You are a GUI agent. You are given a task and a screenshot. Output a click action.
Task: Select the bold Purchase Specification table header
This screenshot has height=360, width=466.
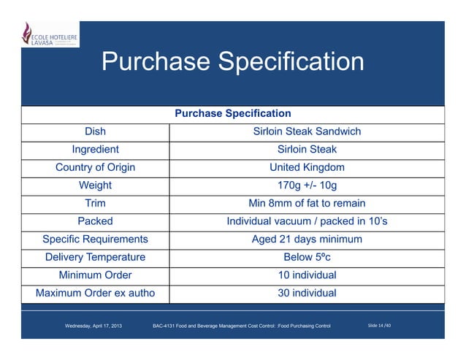point(233,114)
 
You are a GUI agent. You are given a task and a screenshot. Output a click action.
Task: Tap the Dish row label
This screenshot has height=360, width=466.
point(95,132)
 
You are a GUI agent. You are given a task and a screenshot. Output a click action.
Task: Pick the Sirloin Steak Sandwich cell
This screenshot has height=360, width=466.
point(307,132)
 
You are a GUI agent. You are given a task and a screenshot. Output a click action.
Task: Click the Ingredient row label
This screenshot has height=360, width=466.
point(95,150)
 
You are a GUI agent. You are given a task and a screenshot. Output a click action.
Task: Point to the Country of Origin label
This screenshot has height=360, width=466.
point(95,168)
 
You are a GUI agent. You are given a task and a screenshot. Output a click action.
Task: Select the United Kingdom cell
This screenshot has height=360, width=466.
point(307,168)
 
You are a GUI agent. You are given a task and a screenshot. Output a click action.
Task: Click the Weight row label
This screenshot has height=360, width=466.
point(95,185)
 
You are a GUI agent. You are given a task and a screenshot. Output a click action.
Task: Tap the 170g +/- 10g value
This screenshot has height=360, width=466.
point(307,185)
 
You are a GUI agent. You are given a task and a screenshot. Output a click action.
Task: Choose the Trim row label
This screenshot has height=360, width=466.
point(95,204)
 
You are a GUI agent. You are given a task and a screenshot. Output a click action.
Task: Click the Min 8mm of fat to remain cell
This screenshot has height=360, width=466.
point(307,204)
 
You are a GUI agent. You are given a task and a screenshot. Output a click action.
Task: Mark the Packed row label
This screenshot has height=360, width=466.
point(95,221)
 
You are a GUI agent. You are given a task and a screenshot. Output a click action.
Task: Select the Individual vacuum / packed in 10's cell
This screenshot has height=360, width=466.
point(307,221)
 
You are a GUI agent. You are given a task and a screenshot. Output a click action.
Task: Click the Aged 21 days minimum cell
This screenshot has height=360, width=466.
point(307,240)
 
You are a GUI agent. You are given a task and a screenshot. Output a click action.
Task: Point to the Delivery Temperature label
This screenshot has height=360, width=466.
point(95,257)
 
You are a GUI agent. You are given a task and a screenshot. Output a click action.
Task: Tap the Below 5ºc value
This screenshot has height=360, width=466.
point(307,257)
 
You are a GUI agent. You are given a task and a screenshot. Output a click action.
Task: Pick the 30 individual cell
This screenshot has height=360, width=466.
point(307,294)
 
